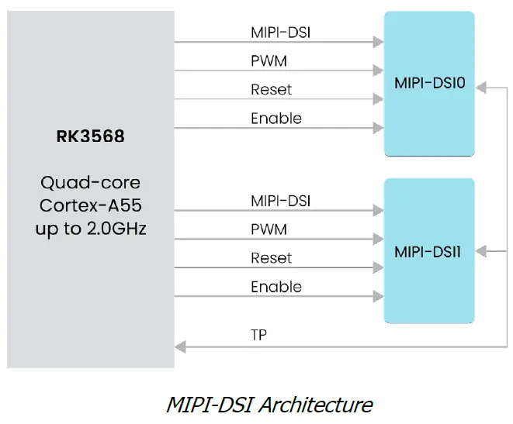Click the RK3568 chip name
tap(90, 137)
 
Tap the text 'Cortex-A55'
tap(90, 206)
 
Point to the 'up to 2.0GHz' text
tap(90, 229)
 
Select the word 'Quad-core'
tap(90, 183)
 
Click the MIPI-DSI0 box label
tap(429, 83)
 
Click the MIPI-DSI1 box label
tap(429, 251)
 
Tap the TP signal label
tap(259, 336)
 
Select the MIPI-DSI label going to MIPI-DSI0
tap(280, 33)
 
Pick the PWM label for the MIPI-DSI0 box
tap(269, 61)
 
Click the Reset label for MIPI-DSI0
tap(271, 90)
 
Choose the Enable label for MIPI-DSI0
tap(276, 119)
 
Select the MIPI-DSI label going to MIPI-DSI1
tap(280, 201)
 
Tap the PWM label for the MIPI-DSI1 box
tap(269, 229)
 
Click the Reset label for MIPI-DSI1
tap(271, 258)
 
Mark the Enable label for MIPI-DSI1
tap(276, 287)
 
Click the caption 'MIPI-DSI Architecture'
tap(269, 404)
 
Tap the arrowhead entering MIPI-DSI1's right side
tap(480, 251)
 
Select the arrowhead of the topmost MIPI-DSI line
tap(380, 42)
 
